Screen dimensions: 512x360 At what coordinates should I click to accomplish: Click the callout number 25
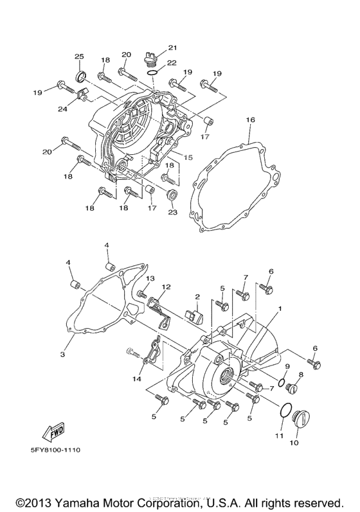click(79, 57)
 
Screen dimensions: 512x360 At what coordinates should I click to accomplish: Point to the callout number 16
click(251, 120)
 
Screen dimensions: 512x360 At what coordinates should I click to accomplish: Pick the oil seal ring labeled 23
click(172, 194)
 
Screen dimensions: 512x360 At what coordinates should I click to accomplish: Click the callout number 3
click(63, 354)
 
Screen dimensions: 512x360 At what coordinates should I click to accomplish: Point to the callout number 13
click(150, 278)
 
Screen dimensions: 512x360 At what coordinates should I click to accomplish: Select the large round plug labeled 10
click(298, 421)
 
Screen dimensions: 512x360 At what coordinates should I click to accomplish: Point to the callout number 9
click(287, 367)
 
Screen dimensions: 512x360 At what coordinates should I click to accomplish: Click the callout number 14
click(137, 380)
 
